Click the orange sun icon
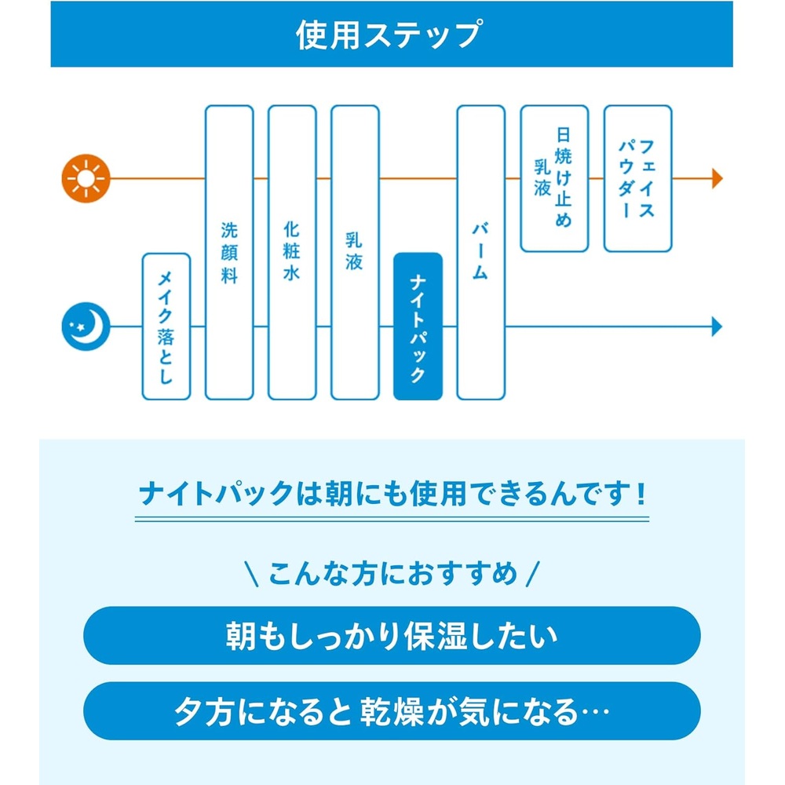[86, 178]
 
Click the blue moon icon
[86, 327]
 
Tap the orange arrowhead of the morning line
[717, 178]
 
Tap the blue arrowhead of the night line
[717, 327]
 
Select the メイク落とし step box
[166, 327]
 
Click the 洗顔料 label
[229, 253]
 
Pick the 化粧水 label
[292, 251]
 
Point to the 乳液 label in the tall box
[355, 251]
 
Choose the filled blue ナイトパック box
[418, 327]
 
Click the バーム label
[480, 251]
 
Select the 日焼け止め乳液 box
[554, 178]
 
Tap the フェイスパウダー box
[637, 178]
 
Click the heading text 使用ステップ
[389, 35]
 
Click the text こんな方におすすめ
[393, 573]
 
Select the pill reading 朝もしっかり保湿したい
[392, 636]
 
